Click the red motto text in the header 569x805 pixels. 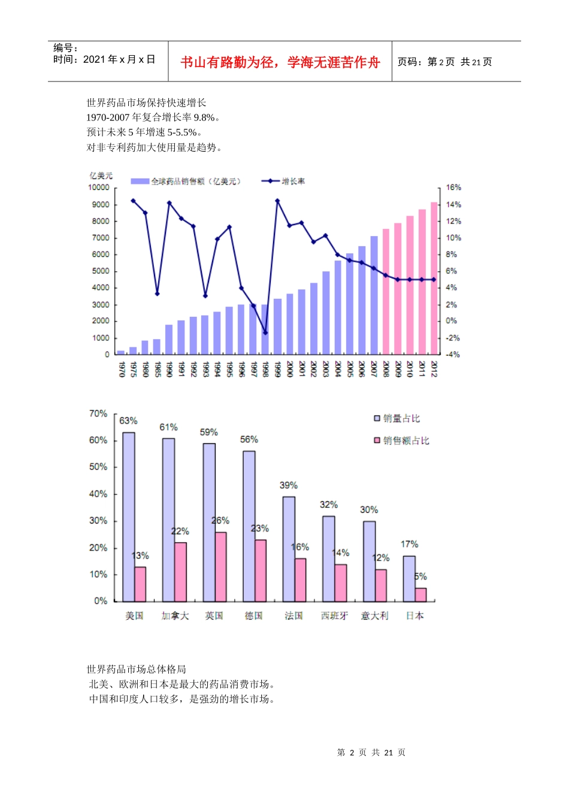pos(280,62)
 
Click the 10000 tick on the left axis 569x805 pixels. pos(99,187)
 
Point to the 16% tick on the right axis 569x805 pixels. pos(453,187)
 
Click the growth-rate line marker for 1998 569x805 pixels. pos(265,332)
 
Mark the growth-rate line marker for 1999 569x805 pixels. pos(277,201)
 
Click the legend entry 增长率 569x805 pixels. pos(293,181)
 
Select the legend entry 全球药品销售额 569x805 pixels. pos(195,181)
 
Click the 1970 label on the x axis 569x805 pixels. pos(122,369)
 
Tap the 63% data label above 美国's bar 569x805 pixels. pos(128,420)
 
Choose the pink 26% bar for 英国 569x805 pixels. pos(220,567)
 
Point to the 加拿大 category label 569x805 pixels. pos(175,616)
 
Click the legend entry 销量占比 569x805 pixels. pos(401,418)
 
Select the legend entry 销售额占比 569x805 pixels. pos(406,440)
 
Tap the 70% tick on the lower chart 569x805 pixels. pos(98,414)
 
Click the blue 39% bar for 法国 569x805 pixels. pos(289,549)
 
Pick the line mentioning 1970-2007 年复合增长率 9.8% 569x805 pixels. pos(153,117)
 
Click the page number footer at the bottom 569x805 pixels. pos(371,752)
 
